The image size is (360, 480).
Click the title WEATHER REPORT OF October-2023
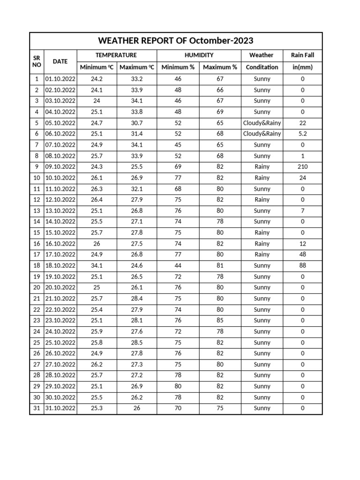point(176,41)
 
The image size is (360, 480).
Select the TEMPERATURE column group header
point(116,55)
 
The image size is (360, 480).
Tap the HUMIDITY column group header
point(199,55)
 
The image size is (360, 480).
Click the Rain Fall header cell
point(302,55)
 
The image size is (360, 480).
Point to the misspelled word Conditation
point(262,67)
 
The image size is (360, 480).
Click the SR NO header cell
point(37,61)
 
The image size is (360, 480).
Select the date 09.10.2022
point(60,167)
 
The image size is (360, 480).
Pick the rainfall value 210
point(302,167)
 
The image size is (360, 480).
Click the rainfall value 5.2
point(302,134)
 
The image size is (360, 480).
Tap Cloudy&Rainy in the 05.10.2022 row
point(262,123)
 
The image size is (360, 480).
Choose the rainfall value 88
point(302,265)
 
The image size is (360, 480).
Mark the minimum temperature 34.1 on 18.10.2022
point(97,265)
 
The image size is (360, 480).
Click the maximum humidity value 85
point(220,321)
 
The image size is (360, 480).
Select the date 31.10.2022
point(60,408)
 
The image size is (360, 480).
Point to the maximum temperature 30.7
point(137,123)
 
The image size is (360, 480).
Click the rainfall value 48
point(302,255)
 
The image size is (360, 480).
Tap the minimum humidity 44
point(178,265)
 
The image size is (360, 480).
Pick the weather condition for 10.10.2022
point(262,178)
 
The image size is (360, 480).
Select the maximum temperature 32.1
point(137,189)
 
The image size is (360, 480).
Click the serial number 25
point(37,343)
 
